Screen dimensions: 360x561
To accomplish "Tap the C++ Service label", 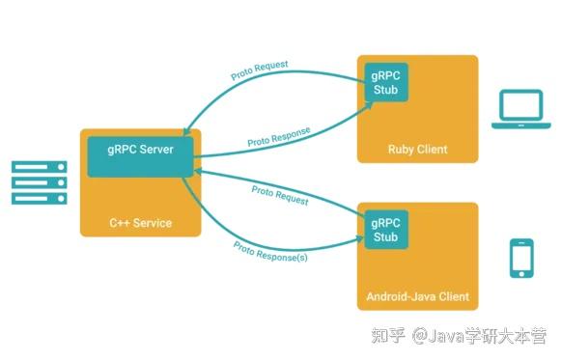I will point(140,223).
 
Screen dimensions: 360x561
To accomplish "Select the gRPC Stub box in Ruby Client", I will point(385,84).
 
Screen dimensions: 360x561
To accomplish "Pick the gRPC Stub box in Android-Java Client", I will point(385,230).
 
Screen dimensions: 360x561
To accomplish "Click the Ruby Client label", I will point(417,150).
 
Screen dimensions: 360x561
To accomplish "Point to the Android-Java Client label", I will point(417,295).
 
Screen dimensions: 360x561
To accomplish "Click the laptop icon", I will point(520,111).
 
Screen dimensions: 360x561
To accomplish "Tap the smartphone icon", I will point(522,258).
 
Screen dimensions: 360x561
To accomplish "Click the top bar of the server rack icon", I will point(39,166).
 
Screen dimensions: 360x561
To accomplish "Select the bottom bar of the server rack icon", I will point(39,199).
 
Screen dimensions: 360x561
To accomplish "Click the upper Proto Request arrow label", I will point(259,70).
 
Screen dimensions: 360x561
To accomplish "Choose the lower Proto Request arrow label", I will point(280,195).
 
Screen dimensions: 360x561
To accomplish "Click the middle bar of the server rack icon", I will point(39,182).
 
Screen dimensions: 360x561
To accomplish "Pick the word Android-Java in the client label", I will point(404,295).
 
